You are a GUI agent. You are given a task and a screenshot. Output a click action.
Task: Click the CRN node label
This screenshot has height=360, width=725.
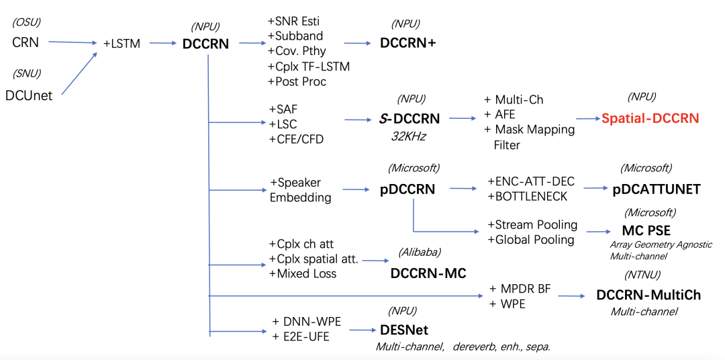(x=26, y=42)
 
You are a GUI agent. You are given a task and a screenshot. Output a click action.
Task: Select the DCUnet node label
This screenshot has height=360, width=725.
(x=28, y=95)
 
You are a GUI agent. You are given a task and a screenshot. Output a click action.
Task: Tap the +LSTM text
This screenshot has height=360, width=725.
(x=122, y=44)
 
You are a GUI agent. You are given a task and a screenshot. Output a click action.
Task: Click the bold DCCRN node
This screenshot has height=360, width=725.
(x=205, y=44)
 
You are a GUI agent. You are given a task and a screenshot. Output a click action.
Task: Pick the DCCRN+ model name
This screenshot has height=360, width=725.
(x=408, y=42)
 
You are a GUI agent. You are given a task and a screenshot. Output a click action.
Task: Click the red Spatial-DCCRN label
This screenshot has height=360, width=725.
(x=650, y=118)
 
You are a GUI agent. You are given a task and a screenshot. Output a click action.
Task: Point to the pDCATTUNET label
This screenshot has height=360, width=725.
(x=657, y=189)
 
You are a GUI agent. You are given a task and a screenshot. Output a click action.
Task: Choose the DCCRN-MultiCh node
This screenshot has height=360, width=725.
(x=648, y=295)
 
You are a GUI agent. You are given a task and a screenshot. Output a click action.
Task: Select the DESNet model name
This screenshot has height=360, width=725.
(x=403, y=330)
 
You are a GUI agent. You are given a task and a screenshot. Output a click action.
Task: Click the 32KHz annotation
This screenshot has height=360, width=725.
(x=409, y=136)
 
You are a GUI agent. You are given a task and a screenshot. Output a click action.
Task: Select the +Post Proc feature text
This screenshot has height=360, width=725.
(x=297, y=81)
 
